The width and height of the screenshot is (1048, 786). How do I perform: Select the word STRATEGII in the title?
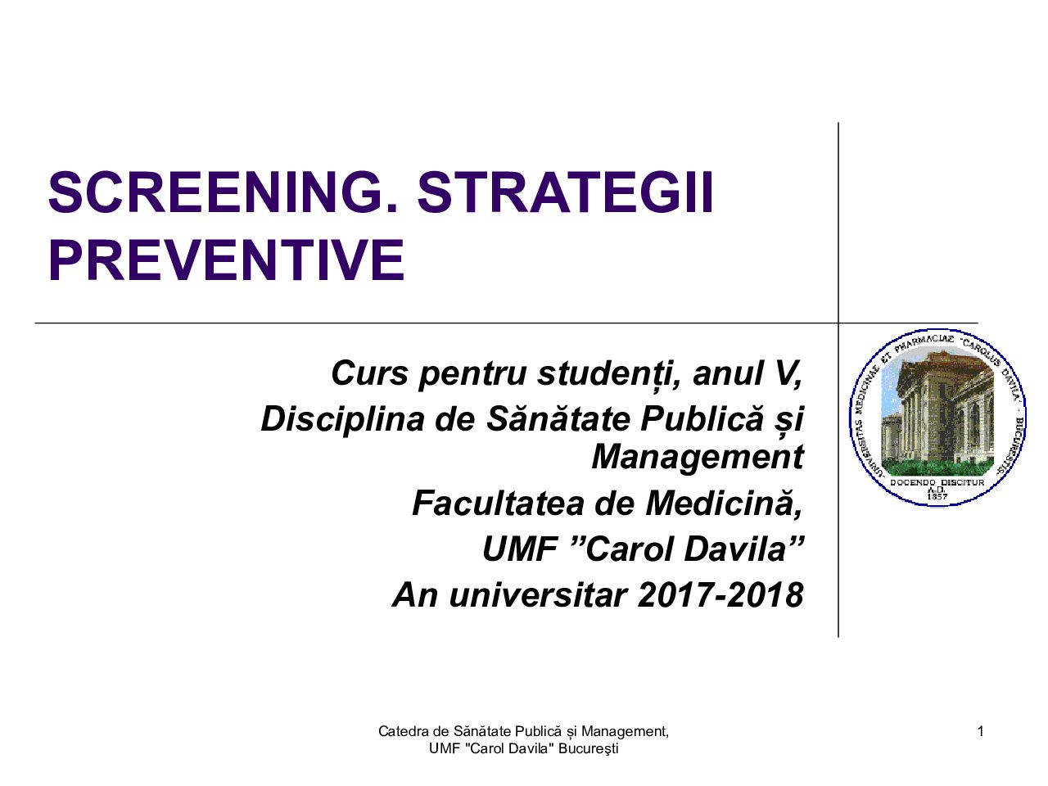[566, 192]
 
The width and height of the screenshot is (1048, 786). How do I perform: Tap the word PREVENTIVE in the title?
[227, 260]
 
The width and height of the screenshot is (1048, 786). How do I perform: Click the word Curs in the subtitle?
[369, 373]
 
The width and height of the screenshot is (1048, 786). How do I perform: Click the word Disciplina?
[342, 420]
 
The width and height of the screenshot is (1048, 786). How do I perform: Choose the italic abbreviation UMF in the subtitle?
[519, 549]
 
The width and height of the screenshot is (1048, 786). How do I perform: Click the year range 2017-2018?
[720, 594]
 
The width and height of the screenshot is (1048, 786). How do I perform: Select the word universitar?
[538, 594]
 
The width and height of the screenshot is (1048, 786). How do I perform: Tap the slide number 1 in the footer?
[980, 732]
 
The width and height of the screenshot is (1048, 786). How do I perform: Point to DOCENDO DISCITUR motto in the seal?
[937, 482]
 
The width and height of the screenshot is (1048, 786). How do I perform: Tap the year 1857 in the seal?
[937, 496]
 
